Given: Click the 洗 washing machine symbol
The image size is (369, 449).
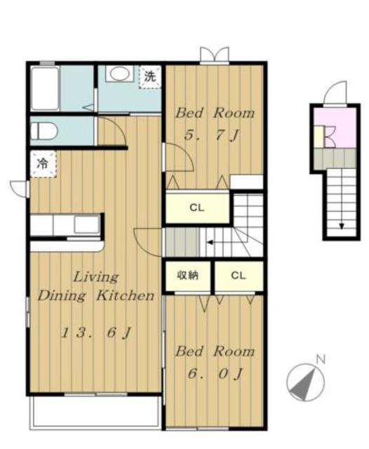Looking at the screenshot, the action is tap(150, 76).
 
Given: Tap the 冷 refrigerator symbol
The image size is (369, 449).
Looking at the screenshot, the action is tap(43, 163).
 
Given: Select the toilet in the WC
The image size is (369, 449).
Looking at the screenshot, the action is tap(44, 131).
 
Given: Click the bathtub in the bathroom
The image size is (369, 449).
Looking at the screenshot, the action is tap(45, 89).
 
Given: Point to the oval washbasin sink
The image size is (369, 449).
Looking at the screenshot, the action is tap(120, 74).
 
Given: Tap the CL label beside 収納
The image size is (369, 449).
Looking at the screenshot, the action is tap(239, 276).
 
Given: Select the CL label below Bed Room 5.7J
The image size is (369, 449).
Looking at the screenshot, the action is tap(197, 208).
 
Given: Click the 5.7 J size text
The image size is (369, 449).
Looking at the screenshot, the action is tap(212, 135).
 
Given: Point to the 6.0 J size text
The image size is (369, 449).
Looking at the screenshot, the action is tap(215, 373).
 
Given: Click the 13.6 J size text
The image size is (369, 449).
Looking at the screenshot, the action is tap(96, 333).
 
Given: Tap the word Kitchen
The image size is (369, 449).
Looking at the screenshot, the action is tap(126, 295).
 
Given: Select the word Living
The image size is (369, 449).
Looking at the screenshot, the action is tap(96, 277).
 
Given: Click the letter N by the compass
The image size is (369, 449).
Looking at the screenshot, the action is tap(321, 359).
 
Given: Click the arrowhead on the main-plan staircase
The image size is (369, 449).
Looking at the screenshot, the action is tap(210, 243).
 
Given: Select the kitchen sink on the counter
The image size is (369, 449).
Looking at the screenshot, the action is tap(87, 224).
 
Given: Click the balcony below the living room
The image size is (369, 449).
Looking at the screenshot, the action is tap(95, 412).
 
